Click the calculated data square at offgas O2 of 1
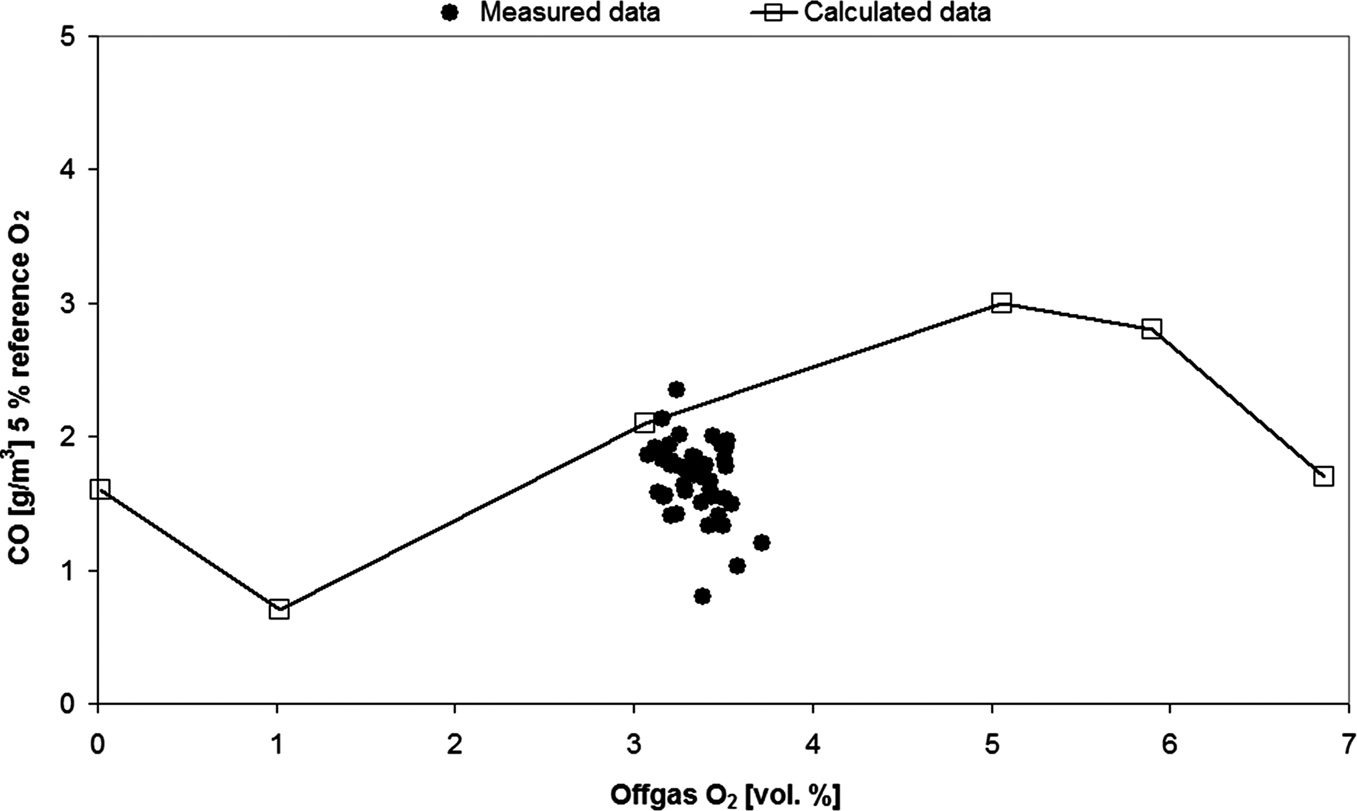(279, 609)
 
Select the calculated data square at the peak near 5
(1001, 302)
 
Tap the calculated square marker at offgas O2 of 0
(100, 488)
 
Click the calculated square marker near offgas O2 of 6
(1152, 329)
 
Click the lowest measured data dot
(703, 596)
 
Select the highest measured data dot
(677, 389)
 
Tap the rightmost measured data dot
(762, 543)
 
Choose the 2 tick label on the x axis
(455, 745)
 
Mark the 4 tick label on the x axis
(813, 745)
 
